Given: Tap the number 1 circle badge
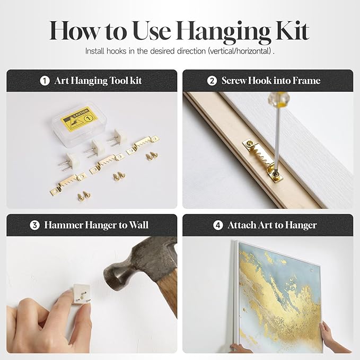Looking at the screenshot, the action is point(45,81).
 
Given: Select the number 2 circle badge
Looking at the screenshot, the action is point(212,81).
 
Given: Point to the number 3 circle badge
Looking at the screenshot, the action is point(34,225).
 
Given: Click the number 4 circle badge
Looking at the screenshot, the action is point(218,225).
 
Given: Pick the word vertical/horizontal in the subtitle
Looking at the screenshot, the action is point(240,51).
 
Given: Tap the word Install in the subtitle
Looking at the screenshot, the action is point(94,51).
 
